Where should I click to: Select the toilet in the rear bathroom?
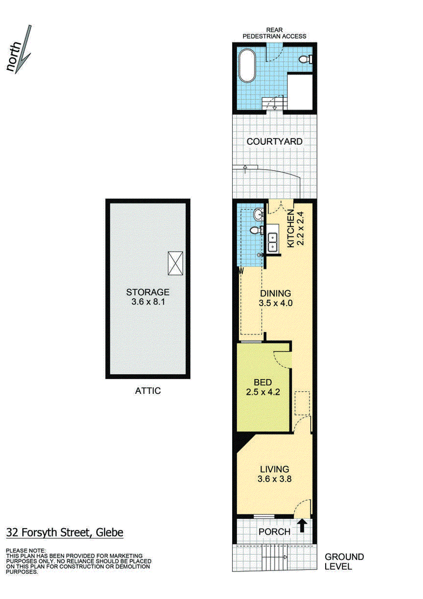(x=305, y=59)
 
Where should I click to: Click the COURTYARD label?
(x=274, y=141)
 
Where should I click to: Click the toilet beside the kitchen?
(x=256, y=230)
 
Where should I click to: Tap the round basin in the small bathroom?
(x=259, y=215)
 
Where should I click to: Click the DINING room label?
(x=275, y=298)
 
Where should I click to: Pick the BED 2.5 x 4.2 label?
(x=263, y=387)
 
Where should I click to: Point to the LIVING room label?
(x=274, y=474)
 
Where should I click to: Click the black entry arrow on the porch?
(x=302, y=526)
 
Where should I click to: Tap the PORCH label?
(x=274, y=532)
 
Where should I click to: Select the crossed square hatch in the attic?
(x=176, y=263)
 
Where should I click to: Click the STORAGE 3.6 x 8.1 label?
(x=148, y=297)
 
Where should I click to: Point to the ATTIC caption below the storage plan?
(x=148, y=391)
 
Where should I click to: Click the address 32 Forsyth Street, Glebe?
(x=65, y=532)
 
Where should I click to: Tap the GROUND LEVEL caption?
(x=344, y=561)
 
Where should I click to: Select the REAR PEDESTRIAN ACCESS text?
(x=274, y=33)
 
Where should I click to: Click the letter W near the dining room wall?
(x=241, y=272)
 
